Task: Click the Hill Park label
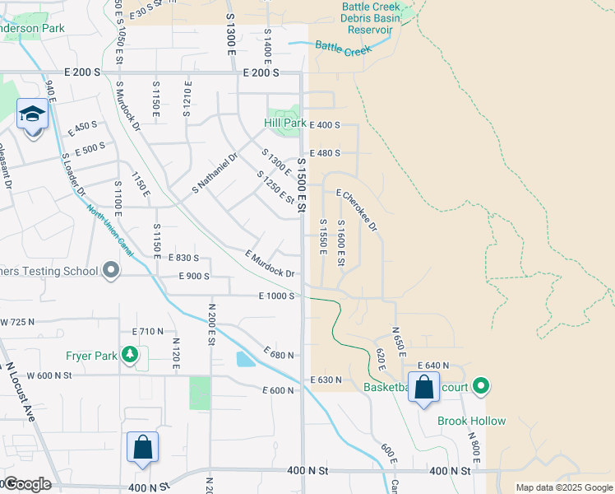pyautogui.click(x=284, y=123)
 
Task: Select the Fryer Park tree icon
pyautogui.click(x=129, y=355)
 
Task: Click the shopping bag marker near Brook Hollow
pyautogui.click(x=423, y=387)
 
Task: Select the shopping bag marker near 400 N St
pyautogui.click(x=142, y=449)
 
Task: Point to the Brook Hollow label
pyautogui.click(x=471, y=421)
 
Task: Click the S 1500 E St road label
pyautogui.click(x=302, y=185)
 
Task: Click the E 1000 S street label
pyautogui.click(x=276, y=296)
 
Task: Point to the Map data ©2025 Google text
pyautogui.click(x=564, y=487)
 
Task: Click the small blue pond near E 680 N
pyautogui.click(x=244, y=359)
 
